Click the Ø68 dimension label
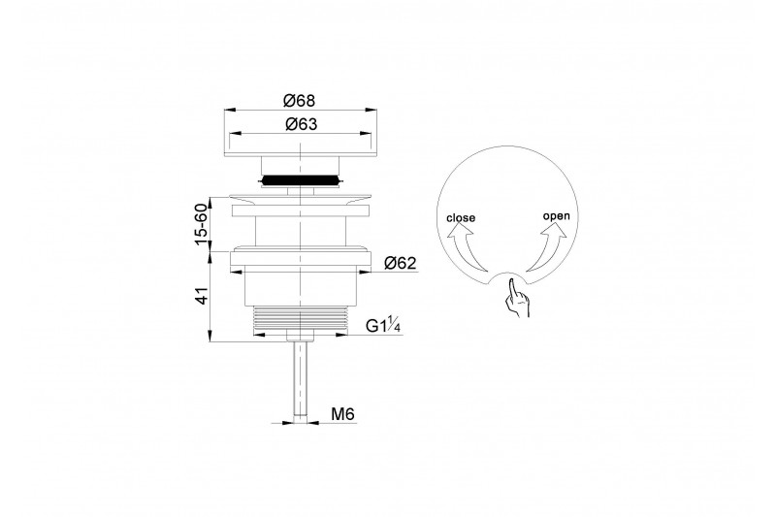pos(299,101)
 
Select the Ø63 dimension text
pos(301,124)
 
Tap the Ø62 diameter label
pos(401,263)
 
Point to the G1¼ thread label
pos(383,326)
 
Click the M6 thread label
pos(343,413)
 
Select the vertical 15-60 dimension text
pos(201,224)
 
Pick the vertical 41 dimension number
pos(202,296)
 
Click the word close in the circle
pos(461,217)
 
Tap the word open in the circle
pos(556,216)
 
